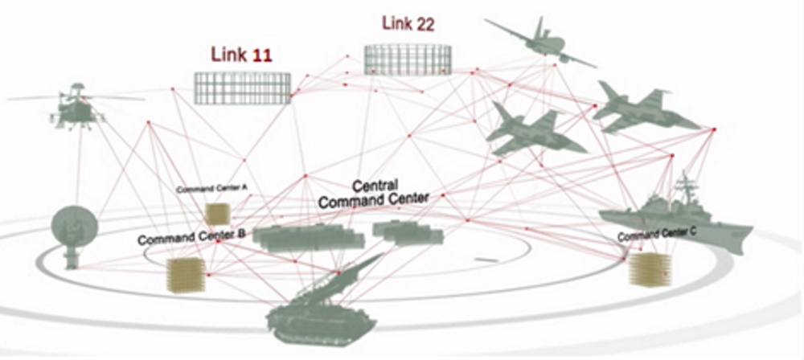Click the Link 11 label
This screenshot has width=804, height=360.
[x=241, y=55]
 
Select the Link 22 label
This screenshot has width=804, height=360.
[x=408, y=24]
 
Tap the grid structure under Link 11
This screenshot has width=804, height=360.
[x=243, y=88]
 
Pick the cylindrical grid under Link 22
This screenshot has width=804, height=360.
[x=408, y=59]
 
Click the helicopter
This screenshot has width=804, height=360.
[x=76, y=108]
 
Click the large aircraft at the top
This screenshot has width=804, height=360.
[x=540, y=44]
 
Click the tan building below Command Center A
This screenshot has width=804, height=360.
[x=217, y=214]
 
